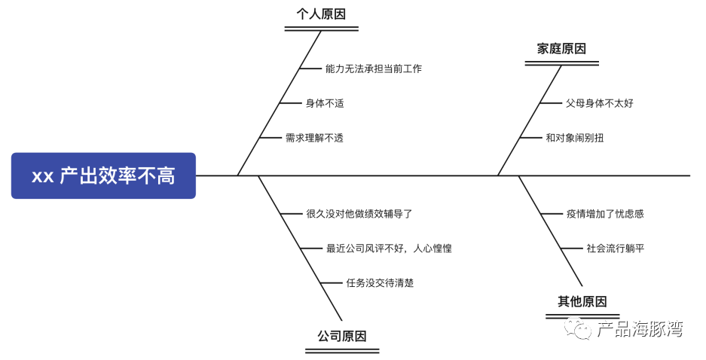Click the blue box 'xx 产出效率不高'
point(103,176)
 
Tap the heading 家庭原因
point(561,49)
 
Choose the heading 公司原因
point(342,335)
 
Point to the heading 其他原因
point(582,301)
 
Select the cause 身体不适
point(325,103)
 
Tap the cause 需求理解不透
point(314,138)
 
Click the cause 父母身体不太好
point(600,103)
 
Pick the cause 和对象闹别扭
point(574,138)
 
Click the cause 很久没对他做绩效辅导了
point(359,214)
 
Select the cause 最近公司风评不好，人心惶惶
point(389,249)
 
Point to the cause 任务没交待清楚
point(380,283)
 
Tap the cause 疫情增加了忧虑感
point(605,214)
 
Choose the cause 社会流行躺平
point(616,249)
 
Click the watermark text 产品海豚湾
point(640,328)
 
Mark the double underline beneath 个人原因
point(322,29)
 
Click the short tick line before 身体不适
point(290,103)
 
